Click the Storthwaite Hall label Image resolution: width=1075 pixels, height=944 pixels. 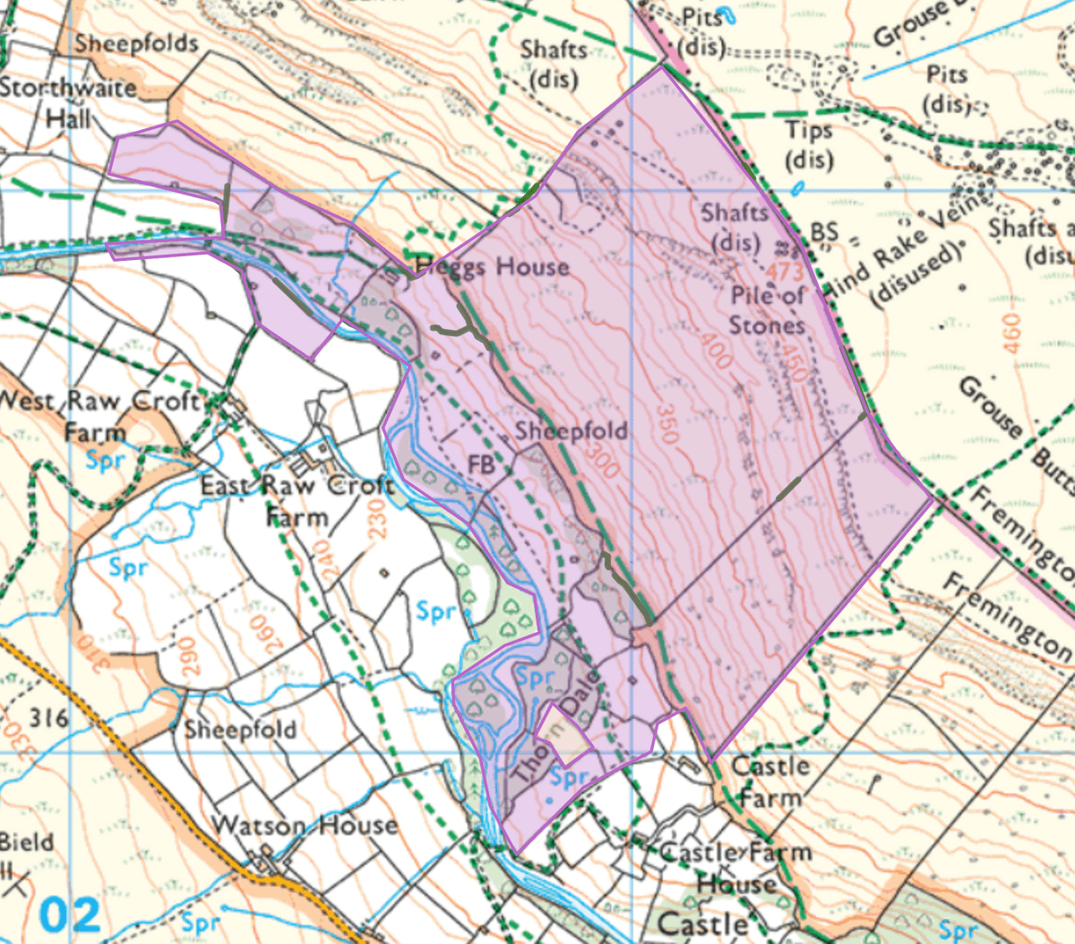(x=68, y=102)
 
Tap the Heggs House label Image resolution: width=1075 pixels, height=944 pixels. (x=493, y=266)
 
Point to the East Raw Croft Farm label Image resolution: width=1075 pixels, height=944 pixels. (x=297, y=500)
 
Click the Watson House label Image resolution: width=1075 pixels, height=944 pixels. (x=305, y=825)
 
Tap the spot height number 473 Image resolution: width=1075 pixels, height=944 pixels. (x=786, y=270)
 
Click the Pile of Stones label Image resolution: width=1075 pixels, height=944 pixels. (x=768, y=309)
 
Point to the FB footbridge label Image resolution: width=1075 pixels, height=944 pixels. (x=481, y=464)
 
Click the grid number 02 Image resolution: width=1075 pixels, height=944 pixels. (x=71, y=915)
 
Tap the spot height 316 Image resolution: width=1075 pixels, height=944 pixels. (x=48, y=718)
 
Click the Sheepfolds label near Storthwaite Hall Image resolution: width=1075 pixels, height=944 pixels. (x=136, y=43)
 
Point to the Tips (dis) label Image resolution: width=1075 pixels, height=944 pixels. (x=809, y=144)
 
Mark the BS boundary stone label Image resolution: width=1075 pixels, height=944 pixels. (x=823, y=233)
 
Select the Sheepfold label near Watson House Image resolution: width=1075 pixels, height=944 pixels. (x=240, y=729)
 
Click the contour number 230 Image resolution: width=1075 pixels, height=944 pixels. (x=375, y=519)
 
